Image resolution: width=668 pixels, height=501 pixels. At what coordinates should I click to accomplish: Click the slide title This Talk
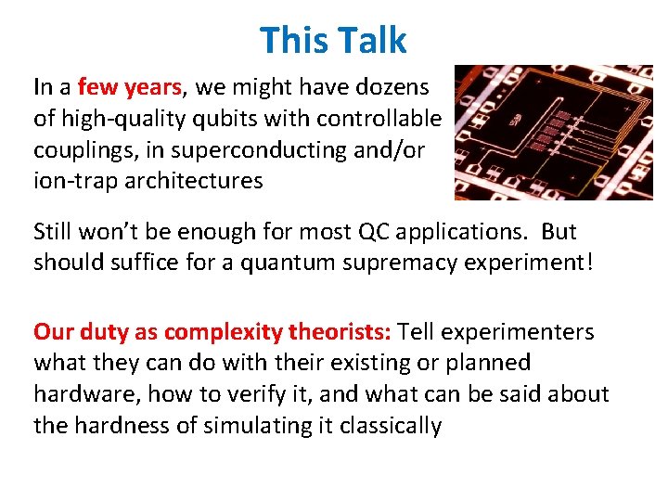click(333, 41)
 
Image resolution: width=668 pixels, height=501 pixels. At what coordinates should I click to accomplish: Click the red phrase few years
click(131, 88)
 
